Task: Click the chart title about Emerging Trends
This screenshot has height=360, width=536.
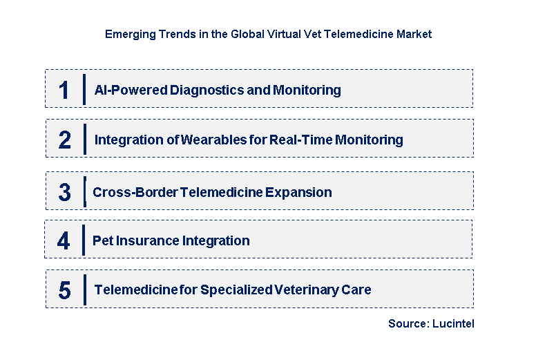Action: pyautogui.click(x=268, y=34)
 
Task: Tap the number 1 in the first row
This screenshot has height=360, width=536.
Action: pyautogui.click(x=64, y=91)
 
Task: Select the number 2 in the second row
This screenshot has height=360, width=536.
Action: pyautogui.click(x=64, y=140)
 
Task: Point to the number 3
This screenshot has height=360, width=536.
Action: pyautogui.click(x=64, y=193)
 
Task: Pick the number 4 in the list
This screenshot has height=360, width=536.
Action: pyautogui.click(x=64, y=241)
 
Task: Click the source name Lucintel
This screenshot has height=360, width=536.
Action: pyautogui.click(x=454, y=323)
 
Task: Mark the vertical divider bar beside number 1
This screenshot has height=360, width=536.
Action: pyautogui.click(x=84, y=89)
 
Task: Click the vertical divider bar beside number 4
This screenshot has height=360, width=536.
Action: pyautogui.click(x=84, y=240)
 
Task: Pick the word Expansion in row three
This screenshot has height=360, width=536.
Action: pyautogui.click(x=300, y=193)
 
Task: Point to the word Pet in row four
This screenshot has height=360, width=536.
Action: pyautogui.click(x=102, y=241)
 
